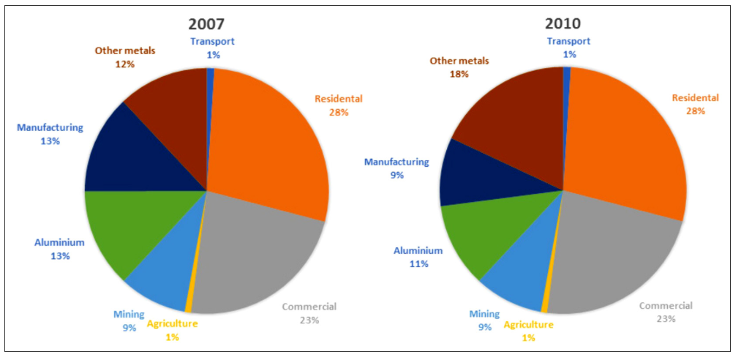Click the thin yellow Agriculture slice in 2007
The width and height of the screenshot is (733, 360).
point(190,306)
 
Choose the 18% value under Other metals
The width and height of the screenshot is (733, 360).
point(459,74)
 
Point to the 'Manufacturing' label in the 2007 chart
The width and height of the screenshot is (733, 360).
point(50,127)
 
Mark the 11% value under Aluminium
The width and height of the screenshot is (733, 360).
point(418,263)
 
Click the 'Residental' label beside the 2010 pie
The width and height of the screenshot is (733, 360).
point(696,98)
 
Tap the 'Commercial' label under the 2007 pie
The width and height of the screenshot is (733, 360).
point(309,306)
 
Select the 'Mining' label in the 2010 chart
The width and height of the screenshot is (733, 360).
point(484,314)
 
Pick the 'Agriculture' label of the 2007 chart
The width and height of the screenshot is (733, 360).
point(172,323)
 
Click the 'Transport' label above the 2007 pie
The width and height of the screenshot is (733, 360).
point(212,42)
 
